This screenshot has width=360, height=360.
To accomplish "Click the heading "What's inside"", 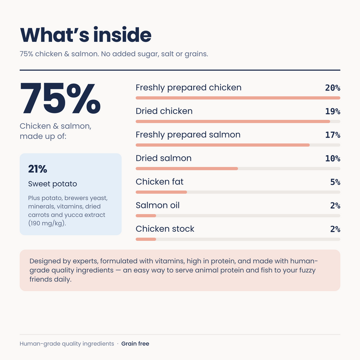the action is (x=85, y=35).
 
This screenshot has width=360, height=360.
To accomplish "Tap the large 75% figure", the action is (x=60, y=99).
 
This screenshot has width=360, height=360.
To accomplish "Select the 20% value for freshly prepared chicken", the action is (x=333, y=88).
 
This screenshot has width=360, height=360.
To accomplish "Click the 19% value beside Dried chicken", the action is (x=333, y=111).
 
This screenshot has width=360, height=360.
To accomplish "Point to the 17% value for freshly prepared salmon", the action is (x=333, y=135).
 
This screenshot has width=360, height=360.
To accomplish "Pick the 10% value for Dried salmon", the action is (x=333, y=158).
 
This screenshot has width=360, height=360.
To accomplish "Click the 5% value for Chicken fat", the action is (x=335, y=182).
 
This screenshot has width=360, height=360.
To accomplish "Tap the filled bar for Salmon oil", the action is (x=146, y=216).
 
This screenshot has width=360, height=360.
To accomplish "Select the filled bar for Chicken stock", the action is (x=146, y=239).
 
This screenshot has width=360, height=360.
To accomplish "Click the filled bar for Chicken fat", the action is (x=161, y=192).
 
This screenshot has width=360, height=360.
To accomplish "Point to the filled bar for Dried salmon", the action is (x=187, y=168).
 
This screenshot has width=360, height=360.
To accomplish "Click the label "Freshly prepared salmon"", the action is (x=188, y=135).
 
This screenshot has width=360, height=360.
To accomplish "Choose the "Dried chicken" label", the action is (x=164, y=111).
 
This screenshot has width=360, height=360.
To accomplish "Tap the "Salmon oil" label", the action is (x=157, y=205).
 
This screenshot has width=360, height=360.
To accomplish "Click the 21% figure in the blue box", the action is (x=37, y=169).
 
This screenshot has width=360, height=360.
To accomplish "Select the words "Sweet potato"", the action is (x=52, y=184).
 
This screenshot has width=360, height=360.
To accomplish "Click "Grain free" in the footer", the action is (x=135, y=344).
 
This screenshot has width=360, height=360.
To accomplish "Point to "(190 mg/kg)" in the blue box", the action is (x=47, y=223).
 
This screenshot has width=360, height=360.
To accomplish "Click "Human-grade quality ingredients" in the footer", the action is (x=67, y=344).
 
